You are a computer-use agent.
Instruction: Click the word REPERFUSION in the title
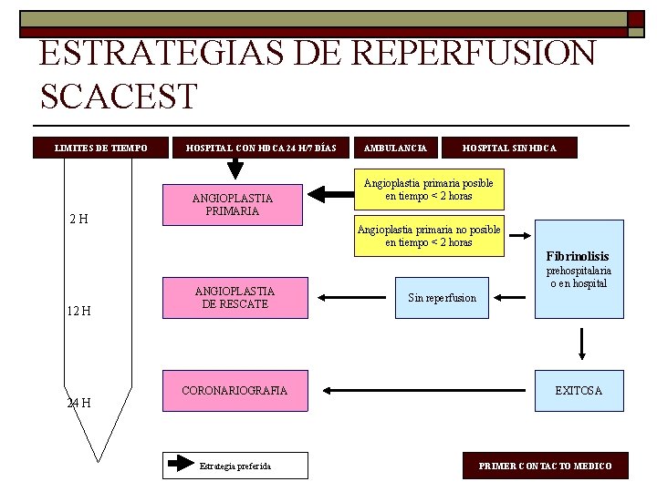click(474, 54)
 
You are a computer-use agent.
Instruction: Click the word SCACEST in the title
click(119, 96)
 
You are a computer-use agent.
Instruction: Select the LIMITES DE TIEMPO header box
click(101, 148)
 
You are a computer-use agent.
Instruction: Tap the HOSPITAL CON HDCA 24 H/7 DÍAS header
click(261, 148)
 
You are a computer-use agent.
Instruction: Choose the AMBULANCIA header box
click(395, 148)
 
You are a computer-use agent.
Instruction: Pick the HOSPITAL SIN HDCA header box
click(509, 148)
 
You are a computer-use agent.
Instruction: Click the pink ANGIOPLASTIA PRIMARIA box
click(232, 204)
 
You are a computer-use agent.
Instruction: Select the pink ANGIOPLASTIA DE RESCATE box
click(232, 297)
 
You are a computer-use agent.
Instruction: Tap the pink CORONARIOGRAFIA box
click(234, 391)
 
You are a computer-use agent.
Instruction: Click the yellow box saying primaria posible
click(428, 190)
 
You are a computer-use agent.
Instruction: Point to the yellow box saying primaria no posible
click(428, 236)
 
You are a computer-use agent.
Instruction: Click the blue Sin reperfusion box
click(442, 298)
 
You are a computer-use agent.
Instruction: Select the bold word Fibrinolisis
click(578, 257)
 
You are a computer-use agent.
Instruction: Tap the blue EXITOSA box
click(579, 391)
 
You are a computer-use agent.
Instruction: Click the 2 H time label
click(78, 219)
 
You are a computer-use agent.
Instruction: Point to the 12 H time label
click(78, 311)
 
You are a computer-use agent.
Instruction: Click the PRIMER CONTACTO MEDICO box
click(546, 466)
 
